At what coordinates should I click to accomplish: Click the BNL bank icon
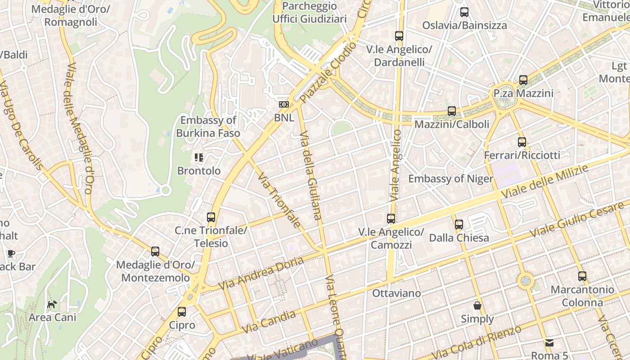pyautogui.click(x=284, y=104)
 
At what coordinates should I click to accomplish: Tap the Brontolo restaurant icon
pyautogui.click(x=198, y=157)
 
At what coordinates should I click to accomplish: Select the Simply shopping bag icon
pyautogui.click(x=477, y=306)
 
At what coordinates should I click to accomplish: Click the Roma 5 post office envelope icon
pyautogui.click(x=549, y=343)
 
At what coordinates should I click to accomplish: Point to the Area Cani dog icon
pyautogui.click(x=52, y=304)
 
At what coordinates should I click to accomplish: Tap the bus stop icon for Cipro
pyautogui.click(x=182, y=311)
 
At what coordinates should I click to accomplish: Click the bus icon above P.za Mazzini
pyautogui.click(x=523, y=80)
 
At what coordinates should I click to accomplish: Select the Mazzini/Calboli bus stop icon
pyautogui.click(x=452, y=111)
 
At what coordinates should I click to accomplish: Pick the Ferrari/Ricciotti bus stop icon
pyautogui.click(x=522, y=142)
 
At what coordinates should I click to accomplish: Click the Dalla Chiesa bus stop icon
pyautogui.click(x=459, y=224)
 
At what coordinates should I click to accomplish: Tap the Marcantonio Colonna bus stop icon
pyautogui.click(x=582, y=276)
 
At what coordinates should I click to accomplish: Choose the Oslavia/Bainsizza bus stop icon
pyautogui.click(x=464, y=12)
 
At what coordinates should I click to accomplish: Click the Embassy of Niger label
pyautogui.click(x=450, y=179)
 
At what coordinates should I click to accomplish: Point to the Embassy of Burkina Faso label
pyautogui.click(x=208, y=126)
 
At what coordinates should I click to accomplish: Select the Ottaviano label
pyautogui.click(x=396, y=293)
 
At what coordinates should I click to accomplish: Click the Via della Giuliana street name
pyautogui.click(x=310, y=175)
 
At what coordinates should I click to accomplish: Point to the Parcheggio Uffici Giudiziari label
pyautogui.click(x=310, y=13)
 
